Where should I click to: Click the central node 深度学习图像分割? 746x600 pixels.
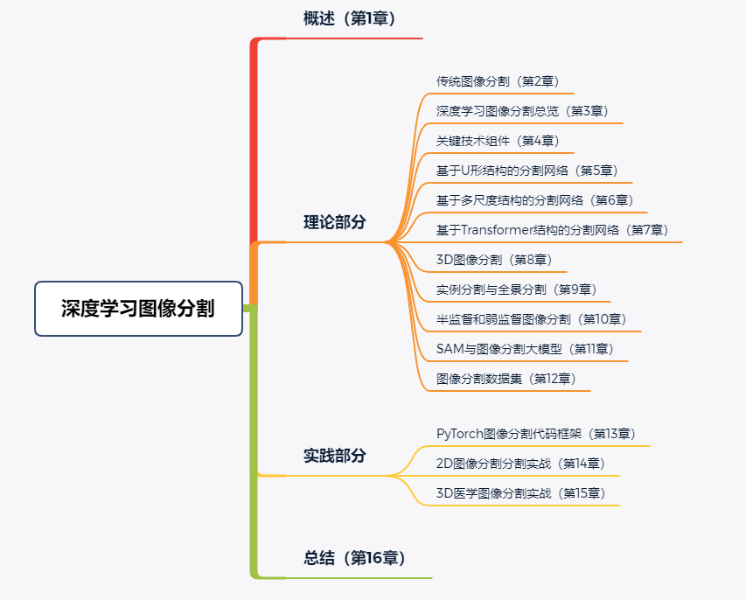(x=138, y=309)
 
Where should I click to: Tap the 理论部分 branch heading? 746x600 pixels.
(x=335, y=222)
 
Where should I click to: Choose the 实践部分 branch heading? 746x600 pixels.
(x=335, y=456)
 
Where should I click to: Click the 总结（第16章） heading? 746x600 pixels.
(x=355, y=558)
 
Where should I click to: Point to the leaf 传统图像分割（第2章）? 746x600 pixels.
(x=498, y=81)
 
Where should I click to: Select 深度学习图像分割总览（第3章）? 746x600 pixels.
(x=522, y=111)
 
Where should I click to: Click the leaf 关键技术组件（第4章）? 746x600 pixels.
(x=498, y=141)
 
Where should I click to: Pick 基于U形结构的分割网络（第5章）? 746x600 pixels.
(x=527, y=171)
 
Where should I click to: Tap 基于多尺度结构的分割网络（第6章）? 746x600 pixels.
(x=535, y=200)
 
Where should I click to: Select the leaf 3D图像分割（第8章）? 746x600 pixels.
(x=494, y=260)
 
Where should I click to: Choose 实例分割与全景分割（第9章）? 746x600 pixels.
(x=516, y=290)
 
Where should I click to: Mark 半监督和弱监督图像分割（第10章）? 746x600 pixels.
(x=531, y=319)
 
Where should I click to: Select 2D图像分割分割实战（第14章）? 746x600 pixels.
(x=520, y=464)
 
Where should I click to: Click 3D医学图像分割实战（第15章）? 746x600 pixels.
(x=520, y=493)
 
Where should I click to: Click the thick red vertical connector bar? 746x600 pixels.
(x=254, y=140)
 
